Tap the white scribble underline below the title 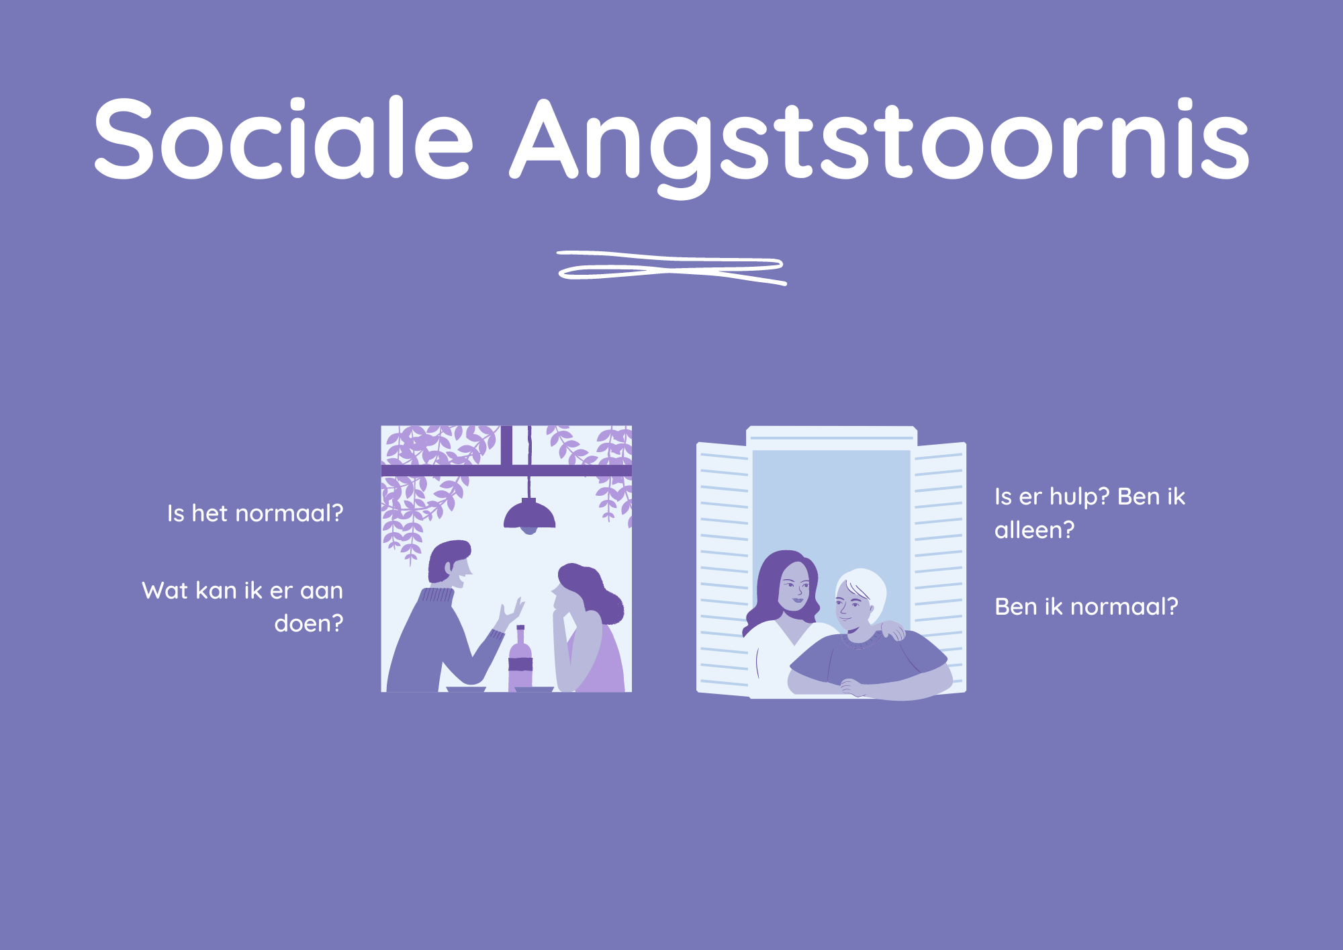click(x=671, y=267)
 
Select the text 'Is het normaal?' click(x=255, y=514)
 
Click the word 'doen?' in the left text click(x=308, y=624)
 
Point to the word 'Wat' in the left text click(x=165, y=591)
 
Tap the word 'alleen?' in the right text click(x=1034, y=531)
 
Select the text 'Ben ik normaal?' click(x=1086, y=607)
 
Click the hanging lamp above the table click(x=529, y=516)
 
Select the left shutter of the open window click(x=723, y=568)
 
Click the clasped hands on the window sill click(x=853, y=687)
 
